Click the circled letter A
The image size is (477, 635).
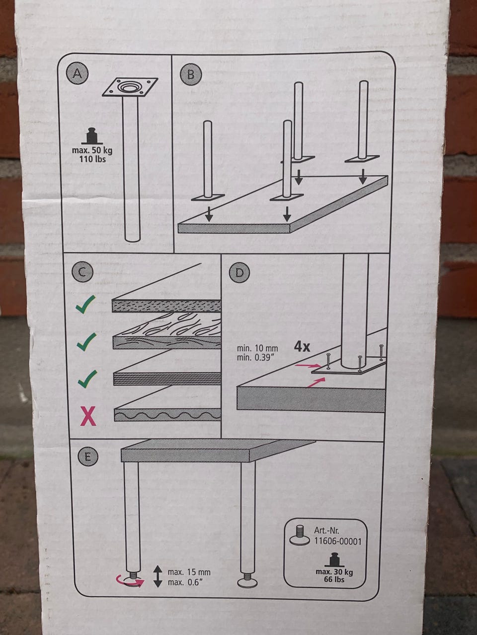click(x=77, y=73)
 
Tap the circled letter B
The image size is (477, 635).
click(x=191, y=74)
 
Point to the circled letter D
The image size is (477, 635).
click(x=239, y=273)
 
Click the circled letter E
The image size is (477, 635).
click(x=88, y=457)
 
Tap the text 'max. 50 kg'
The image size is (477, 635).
click(x=92, y=151)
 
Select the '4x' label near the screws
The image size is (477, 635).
click(x=302, y=347)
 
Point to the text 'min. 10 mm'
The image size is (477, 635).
click(x=257, y=349)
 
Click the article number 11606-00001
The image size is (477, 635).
click(x=338, y=541)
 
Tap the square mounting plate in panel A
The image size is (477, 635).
click(x=131, y=87)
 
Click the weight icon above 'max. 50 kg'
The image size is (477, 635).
click(x=92, y=135)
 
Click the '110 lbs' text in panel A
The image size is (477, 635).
click(x=92, y=159)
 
